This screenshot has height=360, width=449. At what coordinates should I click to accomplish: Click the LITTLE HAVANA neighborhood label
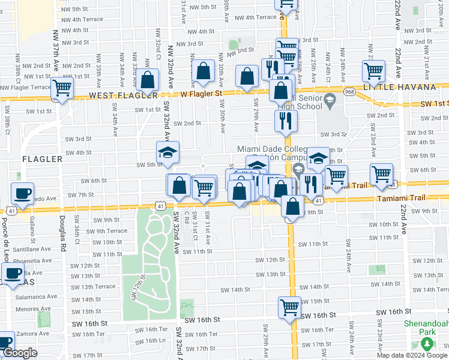point(407,87)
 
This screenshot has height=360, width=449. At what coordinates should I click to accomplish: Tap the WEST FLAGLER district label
point(122,96)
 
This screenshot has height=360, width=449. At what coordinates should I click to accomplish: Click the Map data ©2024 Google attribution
point(412,355)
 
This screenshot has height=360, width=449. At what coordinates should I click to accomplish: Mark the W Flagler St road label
point(202,93)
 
